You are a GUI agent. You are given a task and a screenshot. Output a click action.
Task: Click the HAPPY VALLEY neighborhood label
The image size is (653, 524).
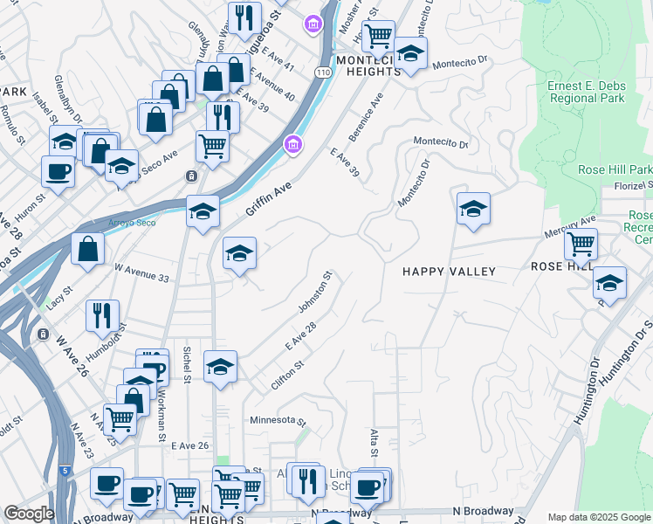449,272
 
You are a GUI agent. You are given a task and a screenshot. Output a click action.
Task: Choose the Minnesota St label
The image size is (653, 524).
277,419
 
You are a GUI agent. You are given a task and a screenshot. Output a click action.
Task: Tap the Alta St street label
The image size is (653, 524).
374,444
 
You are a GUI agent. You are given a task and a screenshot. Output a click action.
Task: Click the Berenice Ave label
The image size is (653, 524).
368,115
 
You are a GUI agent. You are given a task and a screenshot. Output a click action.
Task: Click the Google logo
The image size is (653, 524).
29,514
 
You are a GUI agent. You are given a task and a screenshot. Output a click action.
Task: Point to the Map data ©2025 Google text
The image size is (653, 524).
599,517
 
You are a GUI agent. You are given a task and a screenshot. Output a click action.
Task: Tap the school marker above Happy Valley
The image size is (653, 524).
473,209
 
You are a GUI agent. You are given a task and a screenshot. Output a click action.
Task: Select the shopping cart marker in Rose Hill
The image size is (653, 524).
581,245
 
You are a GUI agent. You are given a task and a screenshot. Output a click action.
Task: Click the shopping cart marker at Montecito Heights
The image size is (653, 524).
378,37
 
